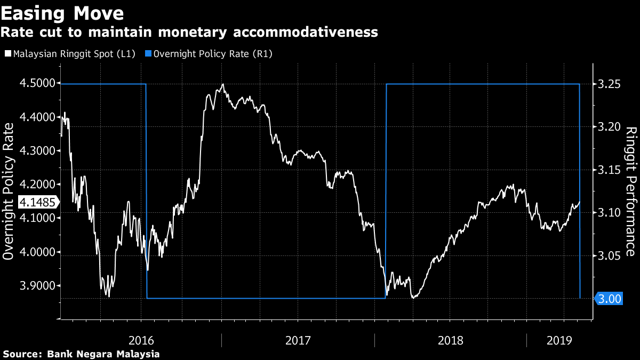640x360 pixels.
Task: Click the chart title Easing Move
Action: click(62, 12)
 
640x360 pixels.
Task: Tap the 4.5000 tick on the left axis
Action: click(37, 83)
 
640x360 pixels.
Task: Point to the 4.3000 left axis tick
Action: click(37, 151)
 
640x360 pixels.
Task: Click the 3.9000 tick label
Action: click(37, 286)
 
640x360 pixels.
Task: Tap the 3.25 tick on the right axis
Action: click(609, 84)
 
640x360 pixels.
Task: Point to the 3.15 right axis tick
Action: click(609, 170)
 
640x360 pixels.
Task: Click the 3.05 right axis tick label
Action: click(609, 256)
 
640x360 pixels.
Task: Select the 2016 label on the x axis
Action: click(141, 340)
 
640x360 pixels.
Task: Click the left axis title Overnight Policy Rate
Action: click(9, 191)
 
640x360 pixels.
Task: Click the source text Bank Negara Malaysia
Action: click(103, 354)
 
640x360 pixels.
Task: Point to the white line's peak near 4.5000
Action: click(222, 84)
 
